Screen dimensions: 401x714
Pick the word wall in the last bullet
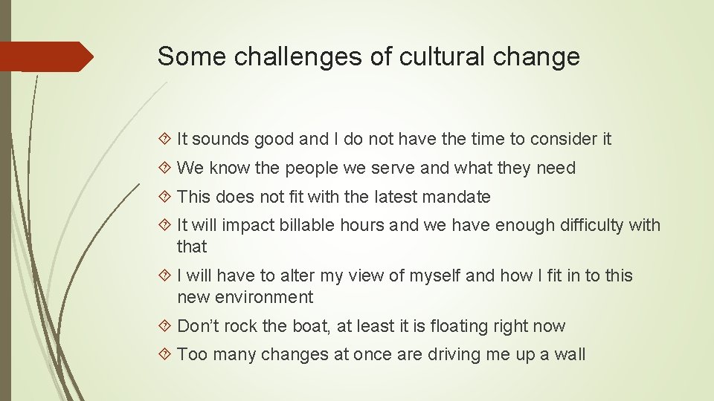coord(570,354)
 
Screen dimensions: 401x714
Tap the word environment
coord(264,297)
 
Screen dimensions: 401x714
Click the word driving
coord(454,354)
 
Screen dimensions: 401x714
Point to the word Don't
coord(196,326)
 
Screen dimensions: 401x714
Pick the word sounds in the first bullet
coord(222,139)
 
